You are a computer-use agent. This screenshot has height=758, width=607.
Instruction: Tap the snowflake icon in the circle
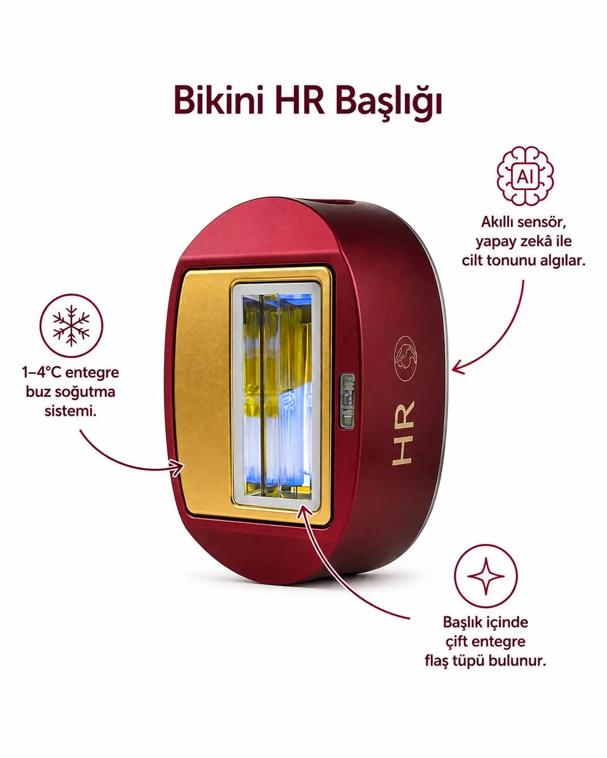71,326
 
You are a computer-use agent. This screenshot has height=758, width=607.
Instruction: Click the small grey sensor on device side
347,401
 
